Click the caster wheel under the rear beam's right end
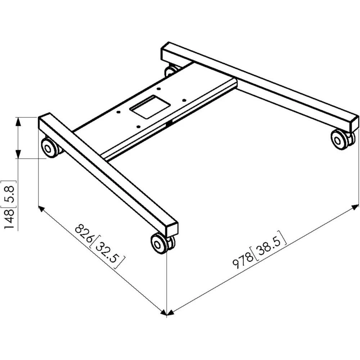[340, 139]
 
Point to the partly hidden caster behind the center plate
[172, 70]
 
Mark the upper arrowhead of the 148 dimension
[18, 121]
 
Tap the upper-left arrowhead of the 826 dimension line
[41, 209]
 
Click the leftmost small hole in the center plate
[118, 112]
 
